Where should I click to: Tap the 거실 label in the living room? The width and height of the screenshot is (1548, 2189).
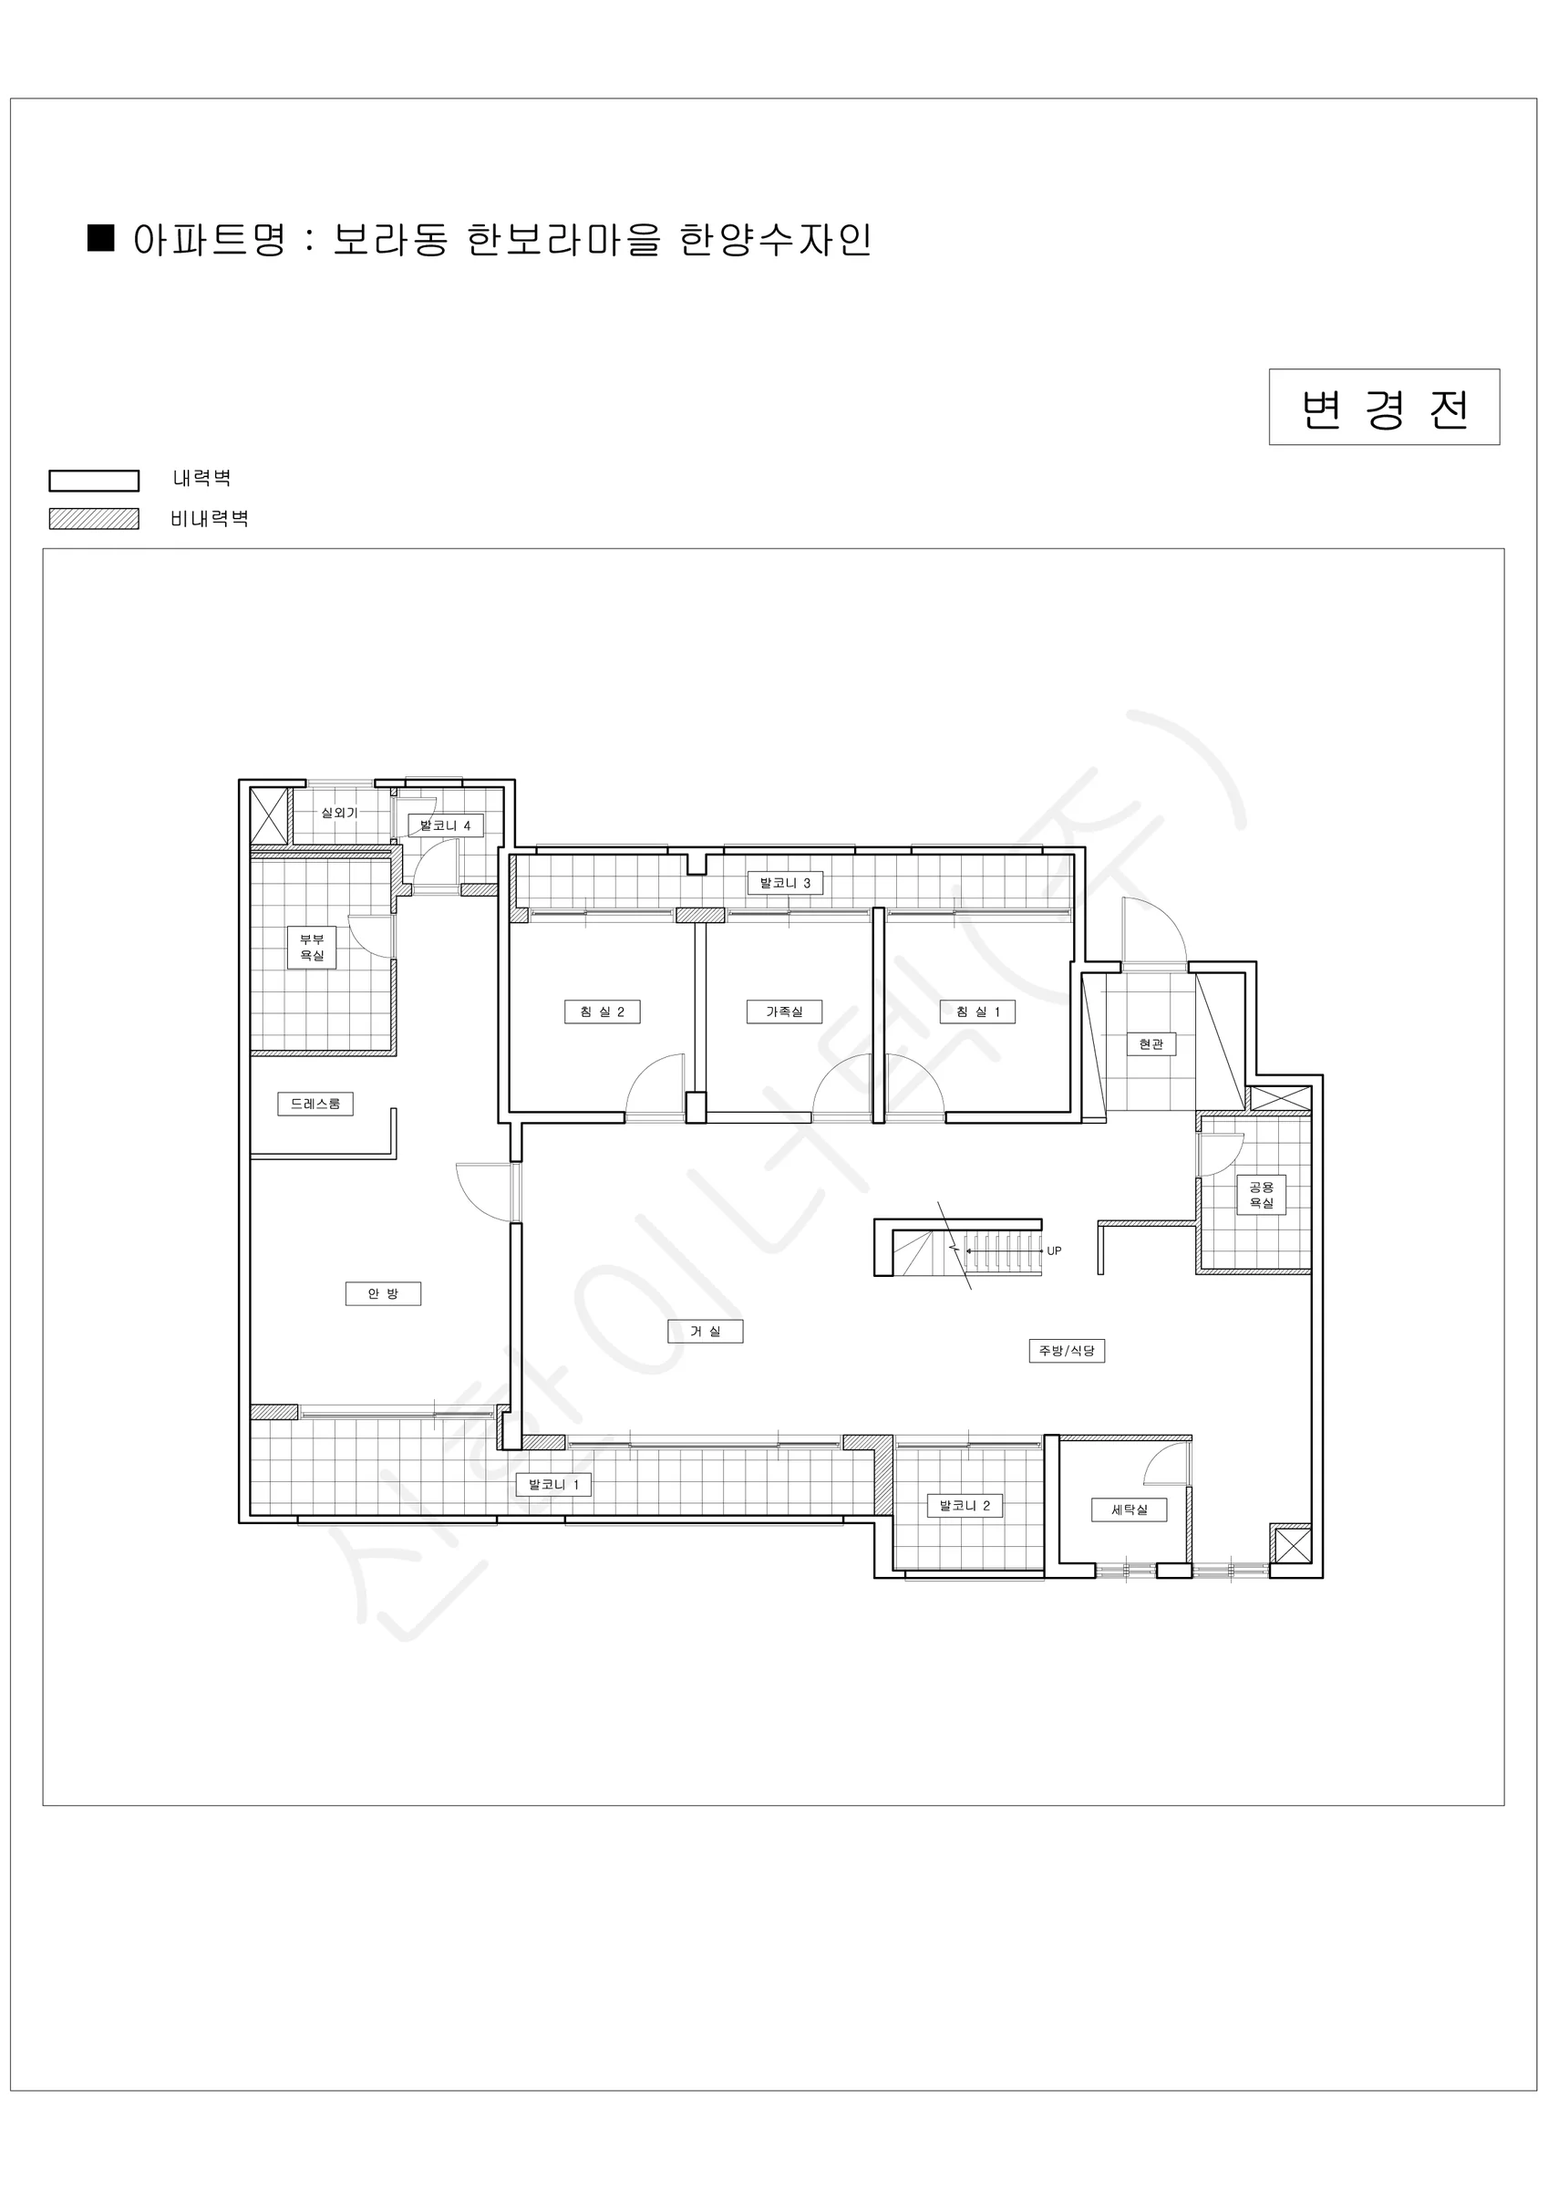point(705,1331)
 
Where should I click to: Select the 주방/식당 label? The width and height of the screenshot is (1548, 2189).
point(1067,1350)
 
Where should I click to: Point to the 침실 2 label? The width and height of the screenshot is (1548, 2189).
point(603,1012)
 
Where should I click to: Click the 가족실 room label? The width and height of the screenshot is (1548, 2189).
point(785,1012)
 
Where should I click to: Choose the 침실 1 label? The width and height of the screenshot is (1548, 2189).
point(978,1012)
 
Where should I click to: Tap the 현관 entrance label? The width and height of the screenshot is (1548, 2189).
point(1151,1044)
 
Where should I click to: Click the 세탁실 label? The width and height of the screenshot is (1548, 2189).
point(1129,1509)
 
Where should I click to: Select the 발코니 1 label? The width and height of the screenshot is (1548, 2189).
point(553,1485)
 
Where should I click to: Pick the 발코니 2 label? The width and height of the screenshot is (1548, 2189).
point(965,1506)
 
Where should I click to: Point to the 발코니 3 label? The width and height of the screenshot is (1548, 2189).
point(785,883)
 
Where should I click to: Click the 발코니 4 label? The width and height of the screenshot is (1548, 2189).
point(445,825)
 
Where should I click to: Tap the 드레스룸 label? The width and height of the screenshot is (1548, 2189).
point(315,1103)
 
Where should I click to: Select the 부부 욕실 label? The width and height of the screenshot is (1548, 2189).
point(312,947)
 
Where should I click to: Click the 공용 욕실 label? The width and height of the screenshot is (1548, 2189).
point(1261,1195)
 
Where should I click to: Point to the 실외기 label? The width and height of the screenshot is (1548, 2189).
point(339,813)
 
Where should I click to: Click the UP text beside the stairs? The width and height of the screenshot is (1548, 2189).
point(1054,1250)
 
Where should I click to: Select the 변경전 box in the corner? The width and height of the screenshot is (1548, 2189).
point(1384,407)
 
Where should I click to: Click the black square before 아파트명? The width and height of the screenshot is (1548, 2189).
point(101,237)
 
